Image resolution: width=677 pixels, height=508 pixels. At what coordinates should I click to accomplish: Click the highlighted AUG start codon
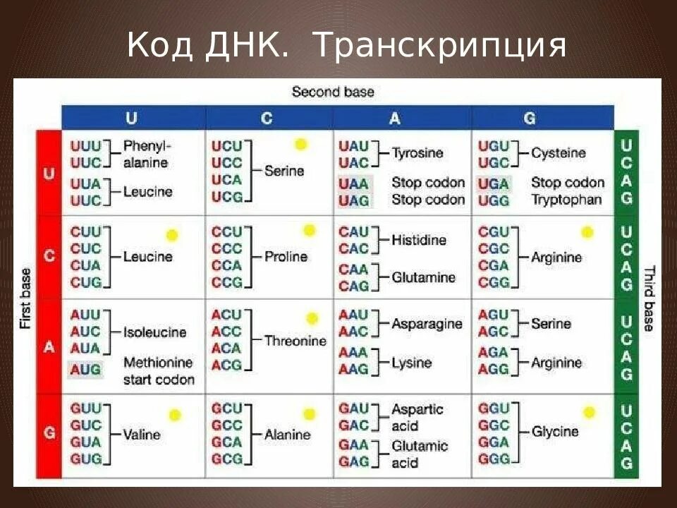point(85,369)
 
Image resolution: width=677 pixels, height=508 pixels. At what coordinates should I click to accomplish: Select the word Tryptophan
point(566,200)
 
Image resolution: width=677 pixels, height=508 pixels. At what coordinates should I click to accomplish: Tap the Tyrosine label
point(417,153)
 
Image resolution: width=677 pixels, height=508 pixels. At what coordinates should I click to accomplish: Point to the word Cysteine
point(559,153)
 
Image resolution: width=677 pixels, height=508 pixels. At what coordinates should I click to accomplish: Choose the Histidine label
point(419,240)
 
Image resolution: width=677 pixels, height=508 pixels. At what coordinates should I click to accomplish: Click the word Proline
point(286,257)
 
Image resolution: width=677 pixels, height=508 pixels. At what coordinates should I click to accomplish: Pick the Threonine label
point(295,341)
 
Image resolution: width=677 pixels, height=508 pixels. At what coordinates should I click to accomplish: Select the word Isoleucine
point(155,332)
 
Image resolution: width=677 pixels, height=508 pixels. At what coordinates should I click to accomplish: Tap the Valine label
point(142,434)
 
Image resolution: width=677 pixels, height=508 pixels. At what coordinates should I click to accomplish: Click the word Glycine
point(555,431)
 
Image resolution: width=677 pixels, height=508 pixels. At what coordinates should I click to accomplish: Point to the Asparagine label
point(427,324)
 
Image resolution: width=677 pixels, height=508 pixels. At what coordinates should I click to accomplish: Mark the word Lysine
point(412,363)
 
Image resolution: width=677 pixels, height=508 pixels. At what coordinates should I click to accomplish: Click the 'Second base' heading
point(333,92)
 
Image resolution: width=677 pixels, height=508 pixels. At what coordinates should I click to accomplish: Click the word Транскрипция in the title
point(439,46)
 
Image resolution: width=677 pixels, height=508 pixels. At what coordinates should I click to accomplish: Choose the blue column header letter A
point(394,119)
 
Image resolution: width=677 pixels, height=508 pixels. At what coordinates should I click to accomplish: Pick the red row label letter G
point(49,433)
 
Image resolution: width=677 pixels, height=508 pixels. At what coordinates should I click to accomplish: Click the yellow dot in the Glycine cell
point(589,412)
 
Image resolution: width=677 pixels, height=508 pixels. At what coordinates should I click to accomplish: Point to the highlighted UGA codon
point(493,183)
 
